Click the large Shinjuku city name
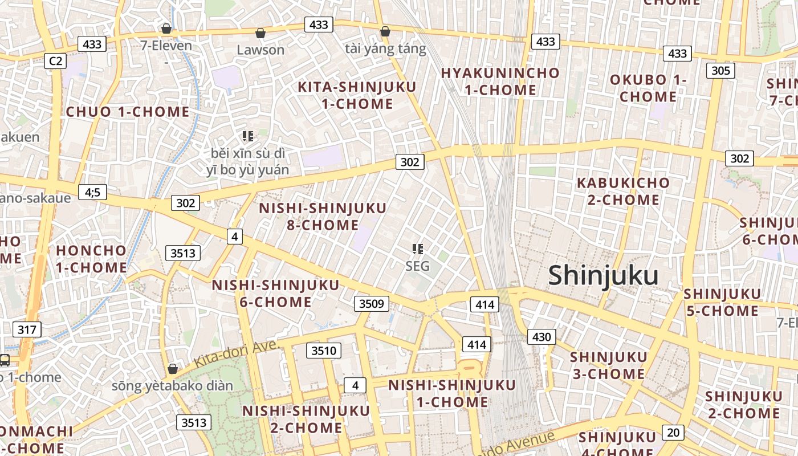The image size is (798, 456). [603, 276]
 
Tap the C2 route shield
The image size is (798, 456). [55, 61]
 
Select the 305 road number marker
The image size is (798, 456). [720, 71]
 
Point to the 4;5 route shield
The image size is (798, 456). [92, 192]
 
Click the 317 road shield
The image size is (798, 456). [26, 329]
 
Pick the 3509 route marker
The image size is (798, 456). [371, 304]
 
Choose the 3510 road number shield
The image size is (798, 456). [324, 350]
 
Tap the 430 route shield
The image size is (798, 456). [541, 337]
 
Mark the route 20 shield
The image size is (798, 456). [673, 432]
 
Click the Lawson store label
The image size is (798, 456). [260, 50]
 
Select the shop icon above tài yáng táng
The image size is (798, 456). [385, 31]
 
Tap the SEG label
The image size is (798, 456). [418, 266]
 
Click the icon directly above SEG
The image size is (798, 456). [418, 249]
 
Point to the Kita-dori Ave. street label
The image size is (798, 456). [236, 354]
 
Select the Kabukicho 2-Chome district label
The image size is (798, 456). [623, 192]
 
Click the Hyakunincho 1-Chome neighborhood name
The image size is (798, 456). [500, 82]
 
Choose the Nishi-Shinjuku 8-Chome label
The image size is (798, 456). [323, 217]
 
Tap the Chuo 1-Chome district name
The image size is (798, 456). [128, 112]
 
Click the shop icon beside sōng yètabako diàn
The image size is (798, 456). [173, 369]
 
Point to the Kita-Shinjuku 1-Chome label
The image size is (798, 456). [357, 95]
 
